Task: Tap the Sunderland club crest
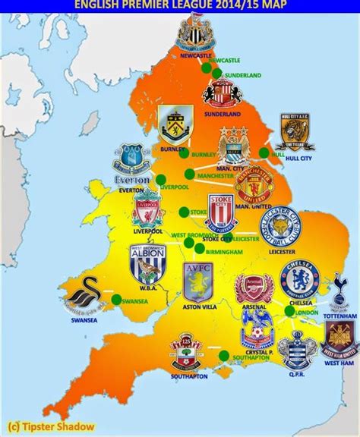221,94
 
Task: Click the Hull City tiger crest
295,131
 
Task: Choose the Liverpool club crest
147,209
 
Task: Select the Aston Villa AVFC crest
199,281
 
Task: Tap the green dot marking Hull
264,152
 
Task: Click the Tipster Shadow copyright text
46,423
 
